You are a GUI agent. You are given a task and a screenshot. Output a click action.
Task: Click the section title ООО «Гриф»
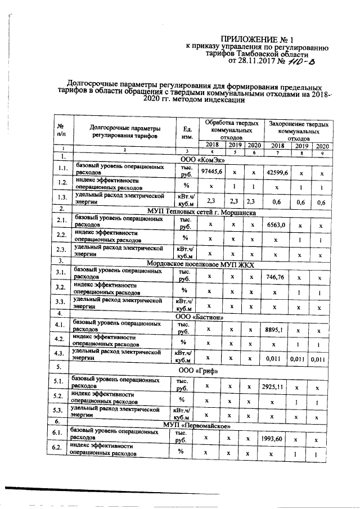198,371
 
